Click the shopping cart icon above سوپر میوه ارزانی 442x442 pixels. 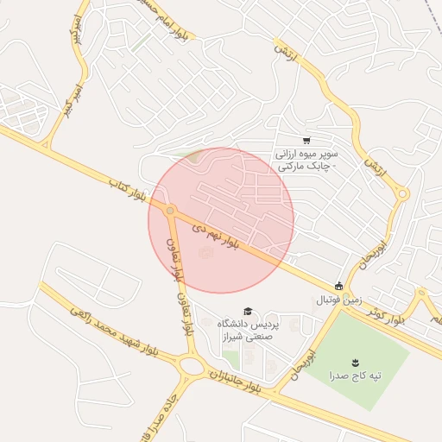coord(306,141)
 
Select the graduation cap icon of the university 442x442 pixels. coord(248,311)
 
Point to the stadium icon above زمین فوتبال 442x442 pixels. coord(339,287)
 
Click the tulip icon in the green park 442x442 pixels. coord(355,361)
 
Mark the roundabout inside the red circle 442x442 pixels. coord(171,211)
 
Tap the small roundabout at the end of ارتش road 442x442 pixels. coord(402,194)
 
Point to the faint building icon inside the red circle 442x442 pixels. coord(204,252)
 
